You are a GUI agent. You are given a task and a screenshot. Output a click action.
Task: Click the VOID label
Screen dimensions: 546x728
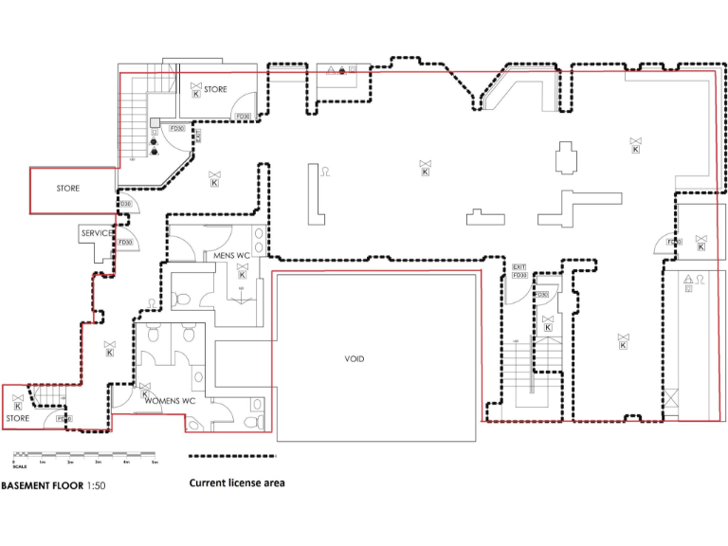[x=354, y=359]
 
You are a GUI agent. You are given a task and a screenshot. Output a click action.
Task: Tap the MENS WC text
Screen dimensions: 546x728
[x=231, y=256]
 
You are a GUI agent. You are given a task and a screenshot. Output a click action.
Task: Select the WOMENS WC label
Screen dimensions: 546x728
[x=170, y=401]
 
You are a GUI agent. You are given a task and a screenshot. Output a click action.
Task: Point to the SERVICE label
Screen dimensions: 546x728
[x=97, y=233]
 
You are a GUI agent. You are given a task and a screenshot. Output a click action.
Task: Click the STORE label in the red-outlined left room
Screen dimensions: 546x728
[x=67, y=189]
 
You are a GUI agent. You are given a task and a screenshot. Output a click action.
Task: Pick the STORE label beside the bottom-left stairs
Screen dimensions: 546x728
[x=19, y=418]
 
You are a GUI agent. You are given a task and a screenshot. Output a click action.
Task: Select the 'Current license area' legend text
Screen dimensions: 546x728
[x=236, y=482]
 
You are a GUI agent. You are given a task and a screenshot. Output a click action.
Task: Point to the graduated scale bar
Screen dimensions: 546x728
[x=84, y=455]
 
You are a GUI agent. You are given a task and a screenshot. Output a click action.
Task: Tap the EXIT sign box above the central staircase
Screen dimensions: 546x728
[x=519, y=268]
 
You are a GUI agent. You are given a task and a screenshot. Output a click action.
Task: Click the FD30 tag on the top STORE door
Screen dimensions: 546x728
[x=242, y=117]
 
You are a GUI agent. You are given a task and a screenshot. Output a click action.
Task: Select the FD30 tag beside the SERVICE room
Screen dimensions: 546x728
[x=124, y=243]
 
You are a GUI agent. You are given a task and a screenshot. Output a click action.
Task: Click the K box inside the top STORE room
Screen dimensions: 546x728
[x=196, y=94]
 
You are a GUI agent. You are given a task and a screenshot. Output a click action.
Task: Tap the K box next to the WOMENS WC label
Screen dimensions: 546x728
[x=145, y=395]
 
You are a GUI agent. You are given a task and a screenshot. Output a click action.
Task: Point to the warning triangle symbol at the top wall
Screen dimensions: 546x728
[x=330, y=70]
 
